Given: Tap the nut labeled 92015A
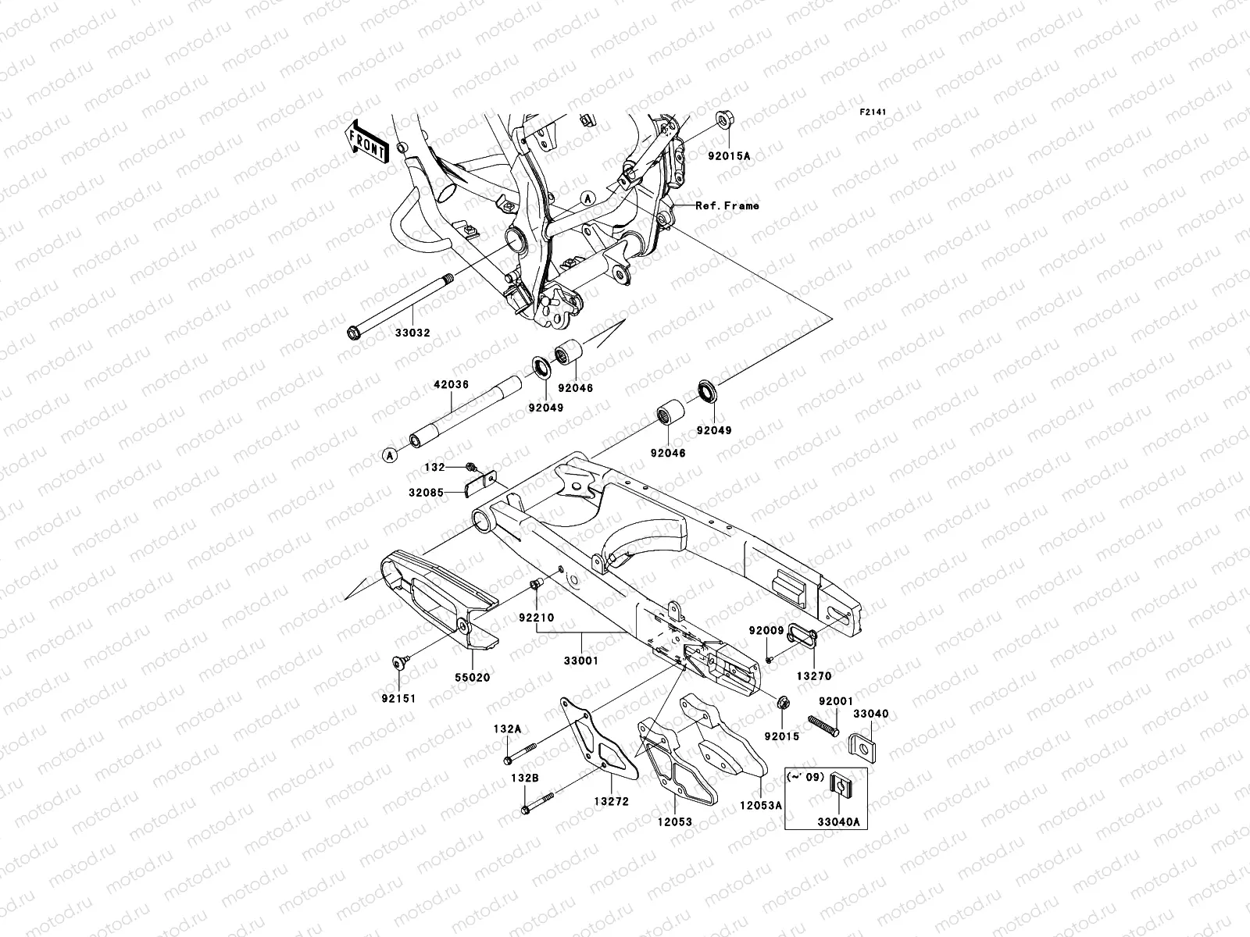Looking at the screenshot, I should [723, 124].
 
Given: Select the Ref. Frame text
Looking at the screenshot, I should [727, 206].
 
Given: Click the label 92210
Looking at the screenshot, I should [536, 618].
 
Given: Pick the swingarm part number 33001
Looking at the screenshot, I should [581, 661].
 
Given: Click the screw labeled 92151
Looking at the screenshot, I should [399, 662].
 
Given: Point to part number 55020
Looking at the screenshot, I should [473, 677].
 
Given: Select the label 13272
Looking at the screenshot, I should [610, 801].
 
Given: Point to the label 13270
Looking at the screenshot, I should [814, 676].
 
